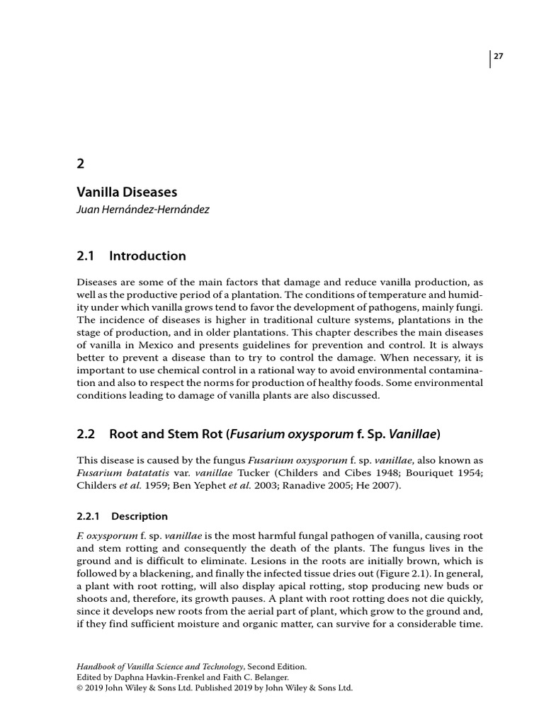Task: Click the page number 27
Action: [499, 57]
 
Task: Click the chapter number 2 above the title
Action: [80, 163]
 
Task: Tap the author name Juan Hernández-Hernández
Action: [143, 210]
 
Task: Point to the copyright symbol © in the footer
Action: [79, 687]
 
